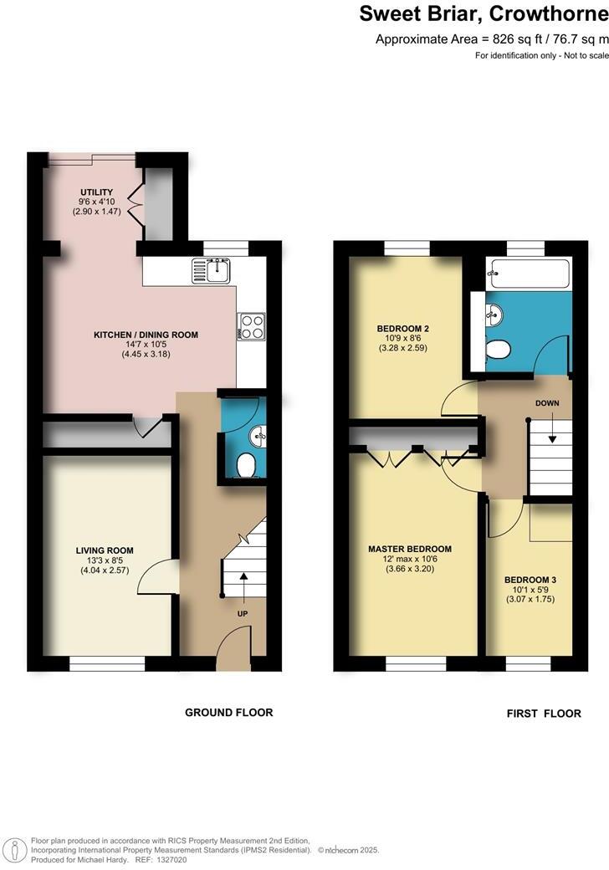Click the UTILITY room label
pos(95,192)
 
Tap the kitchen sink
pos(214,269)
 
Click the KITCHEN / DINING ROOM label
pos(146,335)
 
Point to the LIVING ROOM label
pos(105,550)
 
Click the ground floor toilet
pos(247,465)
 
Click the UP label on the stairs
pos(243,612)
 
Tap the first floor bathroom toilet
pos(498,349)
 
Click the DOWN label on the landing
pos(547,403)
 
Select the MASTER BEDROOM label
pos(410,550)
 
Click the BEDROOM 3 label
pos(530,580)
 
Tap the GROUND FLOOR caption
pos(228,713)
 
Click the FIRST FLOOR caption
pos(544,714)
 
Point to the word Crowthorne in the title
pos(549,13)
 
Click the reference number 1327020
pos(171,859)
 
